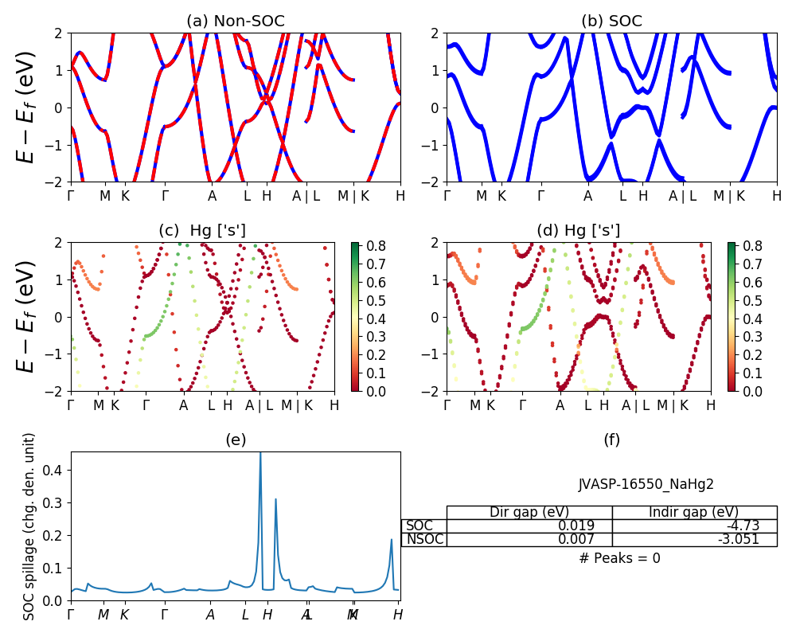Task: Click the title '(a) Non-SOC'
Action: (x=235, y=21)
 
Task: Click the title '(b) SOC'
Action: (x=611, y=21)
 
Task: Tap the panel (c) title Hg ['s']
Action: (x=202, y=231)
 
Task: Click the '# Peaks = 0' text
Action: (x=619, y=558)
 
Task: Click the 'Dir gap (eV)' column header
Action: (x=529, y=512)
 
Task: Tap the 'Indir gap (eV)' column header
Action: (x=694, y=512)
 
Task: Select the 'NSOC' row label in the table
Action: (x=424, y=539)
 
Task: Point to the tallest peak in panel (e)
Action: (x=260, y=454)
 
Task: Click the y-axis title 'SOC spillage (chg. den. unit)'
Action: (x=29, y=526)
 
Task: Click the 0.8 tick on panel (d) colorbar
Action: (x=751, y=245)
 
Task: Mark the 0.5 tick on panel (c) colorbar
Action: (x=375, y=300)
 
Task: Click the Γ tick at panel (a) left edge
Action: (x=71, y=196)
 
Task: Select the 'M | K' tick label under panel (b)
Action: (x=729, y=196)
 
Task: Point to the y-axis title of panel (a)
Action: (x=27, y=107)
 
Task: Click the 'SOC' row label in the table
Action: (x=419, y=526)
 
